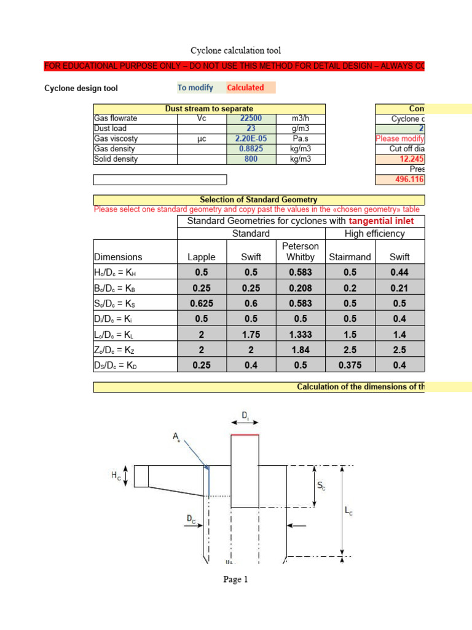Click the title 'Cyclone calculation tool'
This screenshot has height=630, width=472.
235,50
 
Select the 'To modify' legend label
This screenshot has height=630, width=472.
195,88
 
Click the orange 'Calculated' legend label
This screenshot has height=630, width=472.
246,88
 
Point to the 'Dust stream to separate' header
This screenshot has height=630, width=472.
210,109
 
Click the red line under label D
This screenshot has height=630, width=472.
245,435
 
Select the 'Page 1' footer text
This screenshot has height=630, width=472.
235,579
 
